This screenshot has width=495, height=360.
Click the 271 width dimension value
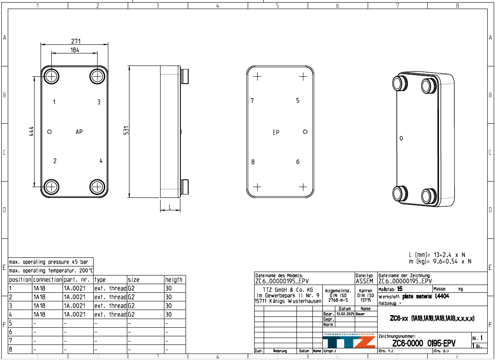(75, 41)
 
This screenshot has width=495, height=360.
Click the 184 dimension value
(75, 50)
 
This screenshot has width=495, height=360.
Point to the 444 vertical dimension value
(32, 131)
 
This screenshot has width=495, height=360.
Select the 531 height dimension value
(126, 131)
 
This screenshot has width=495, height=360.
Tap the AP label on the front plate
(79, 132)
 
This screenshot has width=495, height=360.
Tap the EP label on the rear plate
(276, 132)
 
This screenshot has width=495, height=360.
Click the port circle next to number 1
(52, 77)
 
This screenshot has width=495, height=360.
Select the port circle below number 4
(97, 187)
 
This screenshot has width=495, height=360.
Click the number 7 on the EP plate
(252, 101)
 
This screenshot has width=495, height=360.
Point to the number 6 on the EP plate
(298, 162)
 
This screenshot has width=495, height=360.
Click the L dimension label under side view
(170, 207)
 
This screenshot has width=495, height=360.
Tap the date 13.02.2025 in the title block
(344, 314)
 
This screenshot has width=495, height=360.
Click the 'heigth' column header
(174, 280)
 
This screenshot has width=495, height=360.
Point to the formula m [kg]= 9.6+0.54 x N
(440, 261)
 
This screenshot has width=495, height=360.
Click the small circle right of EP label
(305, 132)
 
